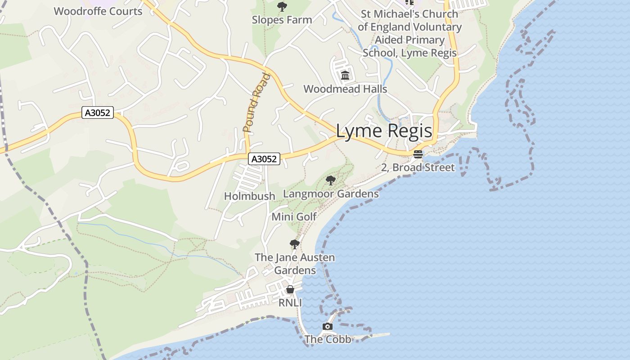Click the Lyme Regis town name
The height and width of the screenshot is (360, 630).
click(384, 131)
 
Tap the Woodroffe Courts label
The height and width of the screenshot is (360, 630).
click(98, 11)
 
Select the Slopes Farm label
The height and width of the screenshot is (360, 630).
click(282, 20)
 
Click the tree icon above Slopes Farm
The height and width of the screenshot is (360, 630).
click(282, 7)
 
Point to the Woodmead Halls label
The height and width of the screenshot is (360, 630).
click(345, 89)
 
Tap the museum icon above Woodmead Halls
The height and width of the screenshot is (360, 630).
click(345, 75)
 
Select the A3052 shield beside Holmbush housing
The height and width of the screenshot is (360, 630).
click(264, 158)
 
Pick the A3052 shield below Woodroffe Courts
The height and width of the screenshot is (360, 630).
click(98, 112)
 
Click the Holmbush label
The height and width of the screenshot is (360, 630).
click(250, 196)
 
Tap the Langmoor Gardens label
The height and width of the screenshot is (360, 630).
click(331, 194)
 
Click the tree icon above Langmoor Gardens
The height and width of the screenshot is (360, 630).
click(331, 181)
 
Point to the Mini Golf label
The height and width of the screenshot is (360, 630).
click(294, 217)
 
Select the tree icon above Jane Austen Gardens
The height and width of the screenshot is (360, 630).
click(295, 244)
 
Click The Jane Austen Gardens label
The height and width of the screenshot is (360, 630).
click(295, 264)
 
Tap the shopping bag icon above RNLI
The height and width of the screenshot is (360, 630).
click(290, 289)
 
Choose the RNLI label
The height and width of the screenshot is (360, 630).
click(290, 303)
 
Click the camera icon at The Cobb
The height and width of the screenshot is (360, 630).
click(328, 327)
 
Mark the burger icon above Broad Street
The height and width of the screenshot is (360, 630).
click(418, 154)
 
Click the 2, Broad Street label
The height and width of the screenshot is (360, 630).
click(418, 168)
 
